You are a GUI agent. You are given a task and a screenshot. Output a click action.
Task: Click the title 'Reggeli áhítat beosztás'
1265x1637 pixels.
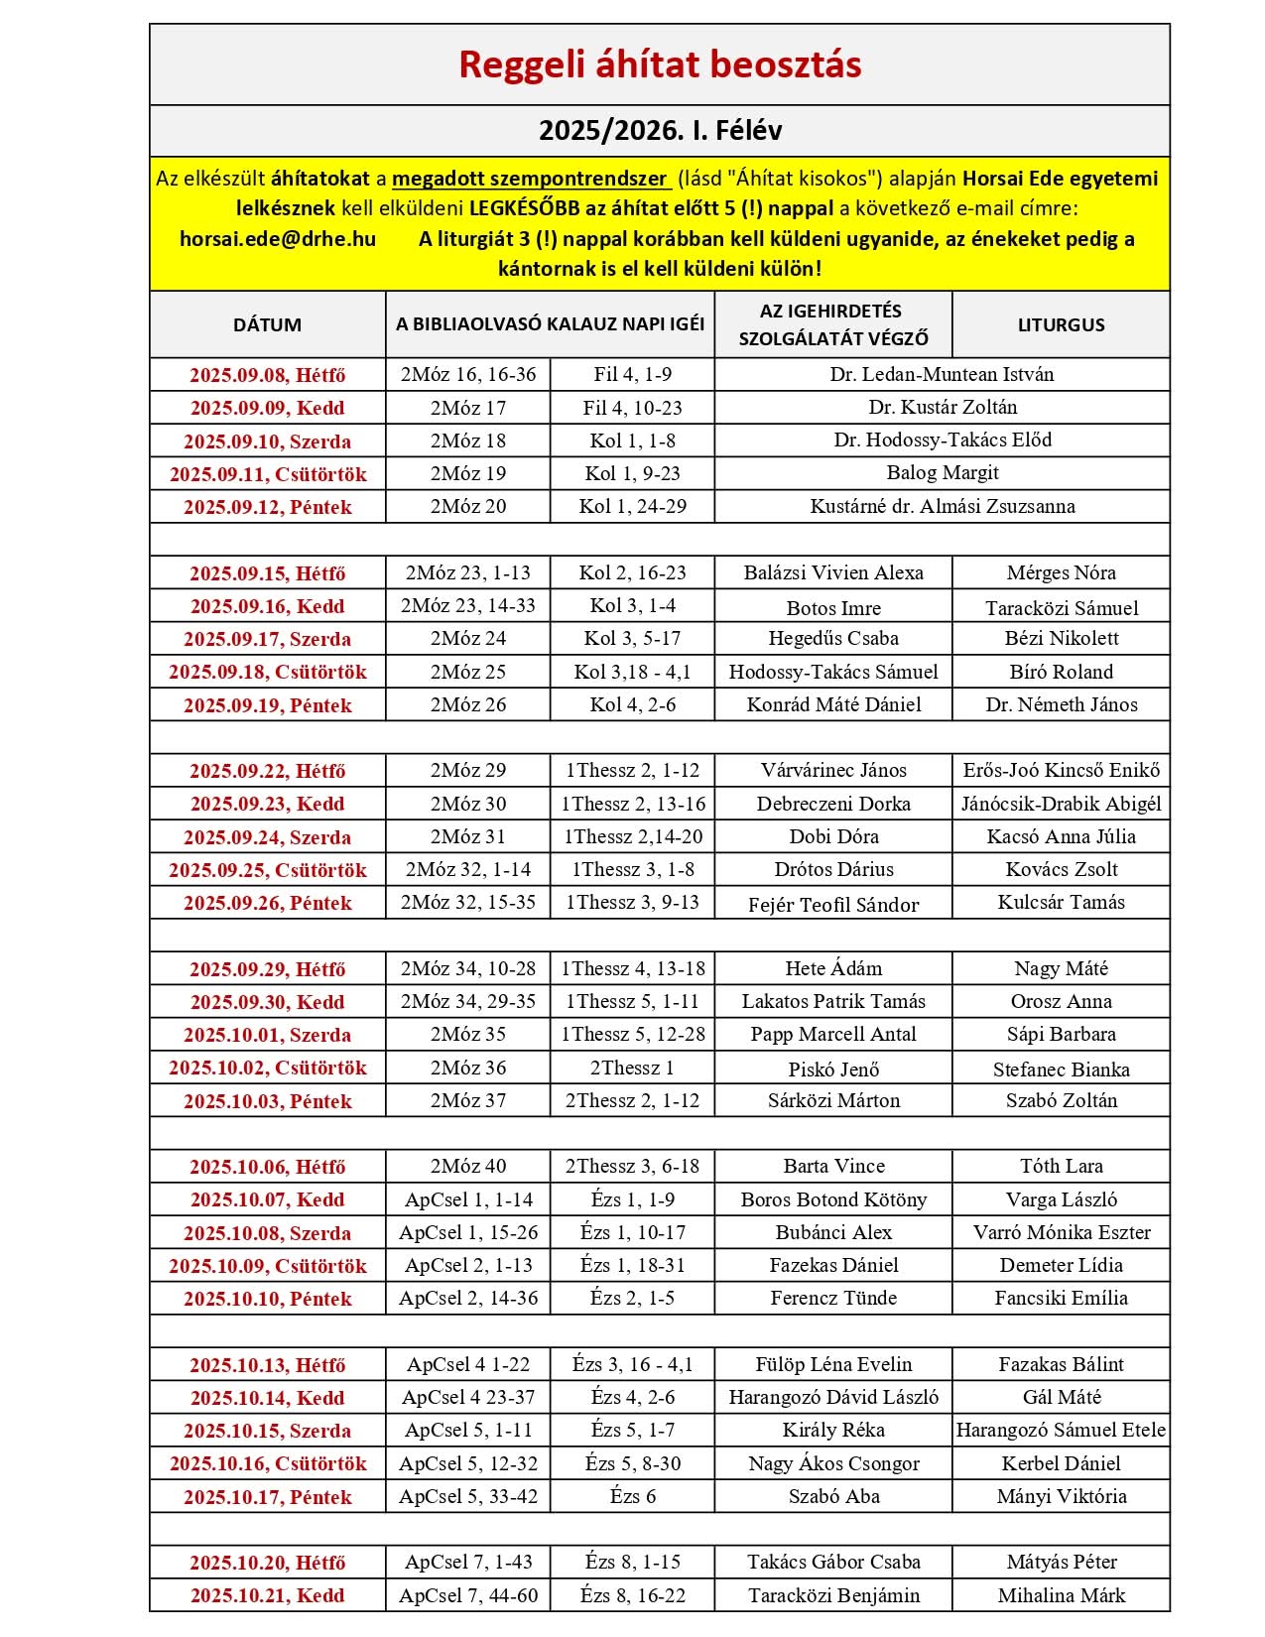pos(660,64)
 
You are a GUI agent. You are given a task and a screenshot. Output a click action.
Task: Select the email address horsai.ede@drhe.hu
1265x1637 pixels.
pos(278,239)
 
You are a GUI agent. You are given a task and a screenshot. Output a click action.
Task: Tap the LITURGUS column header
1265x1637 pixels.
pos(1061,324)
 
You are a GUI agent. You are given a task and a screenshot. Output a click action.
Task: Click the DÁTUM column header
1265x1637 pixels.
pos(267,324)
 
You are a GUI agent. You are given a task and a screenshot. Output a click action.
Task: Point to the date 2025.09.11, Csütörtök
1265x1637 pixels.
pos(268,474)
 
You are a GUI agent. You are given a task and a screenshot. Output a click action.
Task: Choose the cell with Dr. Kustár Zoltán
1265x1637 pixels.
pos(942,407)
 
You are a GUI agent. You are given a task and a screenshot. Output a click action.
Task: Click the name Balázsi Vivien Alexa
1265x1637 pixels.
pos(833,572)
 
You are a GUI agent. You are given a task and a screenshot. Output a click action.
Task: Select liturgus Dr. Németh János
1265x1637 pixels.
pos(1061,704)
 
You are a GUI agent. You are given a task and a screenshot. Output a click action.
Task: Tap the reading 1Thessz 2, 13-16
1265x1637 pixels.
pos(633,804)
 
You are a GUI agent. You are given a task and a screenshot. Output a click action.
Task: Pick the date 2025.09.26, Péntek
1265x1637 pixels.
pos(268,903)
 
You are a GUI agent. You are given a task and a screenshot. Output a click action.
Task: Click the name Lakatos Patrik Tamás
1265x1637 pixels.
pos(833,1001)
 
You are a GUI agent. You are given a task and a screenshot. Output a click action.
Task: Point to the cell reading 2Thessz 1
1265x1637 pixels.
pos(632,1068)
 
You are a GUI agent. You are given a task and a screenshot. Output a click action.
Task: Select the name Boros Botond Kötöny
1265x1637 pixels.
pos(833,1199)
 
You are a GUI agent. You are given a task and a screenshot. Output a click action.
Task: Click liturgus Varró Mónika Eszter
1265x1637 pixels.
pos(1061,1232)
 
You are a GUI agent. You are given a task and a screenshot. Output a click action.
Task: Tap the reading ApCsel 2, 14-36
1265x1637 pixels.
pos(468,1298)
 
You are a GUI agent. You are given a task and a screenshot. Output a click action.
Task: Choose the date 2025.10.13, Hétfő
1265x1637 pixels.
pos(268,1365)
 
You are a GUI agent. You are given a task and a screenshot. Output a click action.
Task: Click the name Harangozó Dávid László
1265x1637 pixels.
pos(833,1397)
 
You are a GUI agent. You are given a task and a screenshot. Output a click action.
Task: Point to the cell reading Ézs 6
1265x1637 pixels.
pos(632,1496)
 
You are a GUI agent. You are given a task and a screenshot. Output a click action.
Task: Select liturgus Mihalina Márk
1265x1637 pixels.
pos(1061,1595)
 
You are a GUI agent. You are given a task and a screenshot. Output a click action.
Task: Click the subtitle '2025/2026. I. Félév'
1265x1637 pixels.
pos(660,131)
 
